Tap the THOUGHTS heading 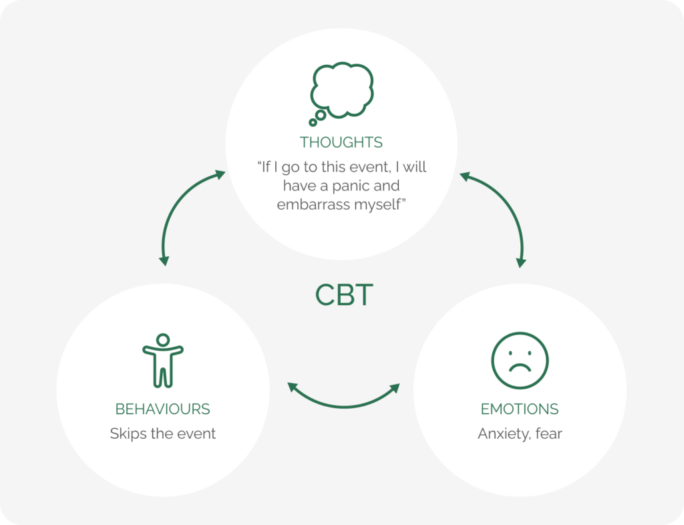pyautogui.click(x=341, y=142)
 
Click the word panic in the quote pyautogui.click(x=379, y=185)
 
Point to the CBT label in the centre pyautogui.click(x=343, y=295)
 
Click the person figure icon pyautogui.click(x=163, y=360)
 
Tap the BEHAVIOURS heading pyautogui.click(x=163, y=409)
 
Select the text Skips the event pyautogui.click(x=163, y=433)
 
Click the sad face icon pyautogui.click(x=520, y=361)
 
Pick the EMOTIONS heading pyautogui.click(x=520, y=409)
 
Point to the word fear pyautogui.click(x=548, y=433)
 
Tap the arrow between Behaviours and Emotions pyautogui.click(x=343, y=400)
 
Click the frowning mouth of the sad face pyautogui.click(x=520, y=369)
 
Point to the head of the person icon pyautogui.click(x=163, y=339)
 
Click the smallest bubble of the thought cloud pyautogui.click(x=313, y=122)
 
